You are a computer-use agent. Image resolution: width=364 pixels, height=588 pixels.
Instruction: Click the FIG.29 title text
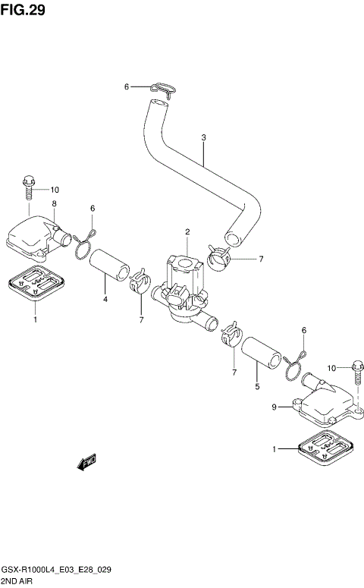pyautogui.click(x=23, y=9)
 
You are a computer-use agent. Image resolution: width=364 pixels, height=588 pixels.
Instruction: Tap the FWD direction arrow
pyautogui.click(x=86, y=462)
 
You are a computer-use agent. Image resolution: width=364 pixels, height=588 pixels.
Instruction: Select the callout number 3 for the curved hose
pyautogui.click(x=203, y=137)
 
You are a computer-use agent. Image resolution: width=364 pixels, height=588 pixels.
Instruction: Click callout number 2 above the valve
pyautogui.click(x=187, y=232)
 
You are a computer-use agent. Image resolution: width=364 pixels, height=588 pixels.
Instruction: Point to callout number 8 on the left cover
pyautogui.click(x=55, y=203)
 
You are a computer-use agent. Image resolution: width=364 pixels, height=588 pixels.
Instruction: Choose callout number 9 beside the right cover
pyautogui.click(x=274, y=407)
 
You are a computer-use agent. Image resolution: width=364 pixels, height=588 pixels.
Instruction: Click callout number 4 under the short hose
pyautogui.click(x=105, y=299)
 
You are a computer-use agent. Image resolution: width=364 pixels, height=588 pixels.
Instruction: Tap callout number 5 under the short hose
pyautogui.click(x=257, y=386)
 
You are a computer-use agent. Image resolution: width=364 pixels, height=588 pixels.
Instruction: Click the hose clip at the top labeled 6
pyautogui.click(x=163, y=90)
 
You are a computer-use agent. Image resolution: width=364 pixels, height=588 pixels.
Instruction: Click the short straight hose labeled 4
pyautogui.click(x=109, y=265)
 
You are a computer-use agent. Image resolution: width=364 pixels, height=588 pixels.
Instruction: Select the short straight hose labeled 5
pyautogui.click(x=262, y=352)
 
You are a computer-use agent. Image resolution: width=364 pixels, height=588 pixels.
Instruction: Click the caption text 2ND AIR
pyautogui.click(x=17, y=581)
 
